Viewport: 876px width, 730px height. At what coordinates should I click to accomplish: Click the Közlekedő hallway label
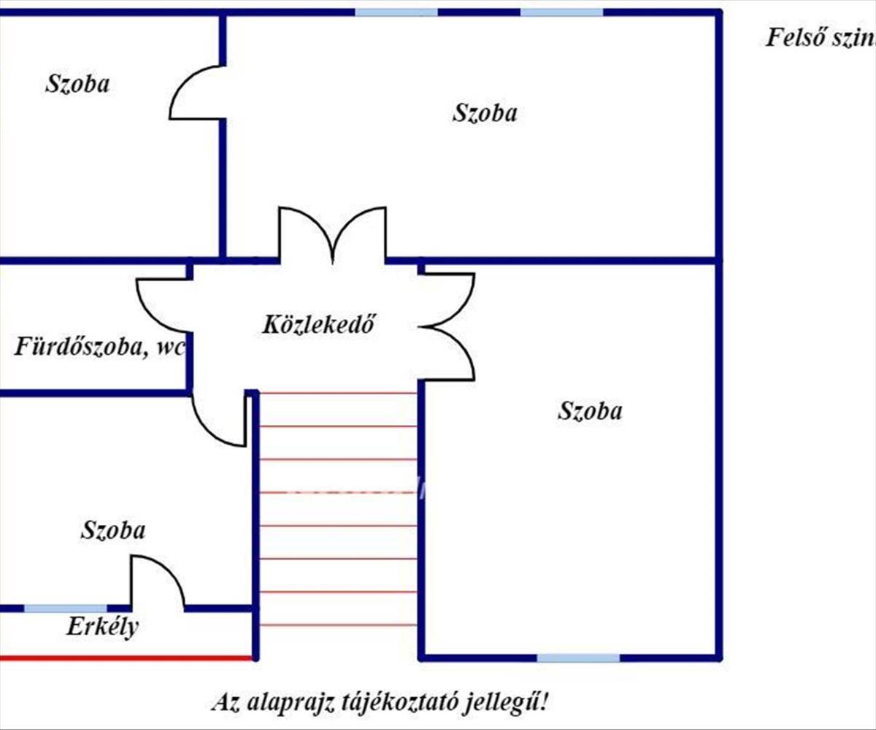click(x=318, y=324)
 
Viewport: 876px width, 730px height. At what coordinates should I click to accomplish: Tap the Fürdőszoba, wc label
click(x=99, y=346)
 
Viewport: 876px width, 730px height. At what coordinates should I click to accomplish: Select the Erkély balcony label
click(x=102, y=626)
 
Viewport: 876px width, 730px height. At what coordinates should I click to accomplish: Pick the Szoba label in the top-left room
click(x=77, y=83)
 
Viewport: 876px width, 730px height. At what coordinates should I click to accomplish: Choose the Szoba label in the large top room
click(x=485, y=113)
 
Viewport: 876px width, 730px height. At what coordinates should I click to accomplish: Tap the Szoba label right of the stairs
click(x=590, y=411)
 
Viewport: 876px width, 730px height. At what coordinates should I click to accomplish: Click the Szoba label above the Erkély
click(x=112, y=530)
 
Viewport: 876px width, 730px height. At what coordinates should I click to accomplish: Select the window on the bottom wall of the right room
click(x=578, y=658)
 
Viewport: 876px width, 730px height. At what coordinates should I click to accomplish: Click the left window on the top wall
click(x=396, y=12)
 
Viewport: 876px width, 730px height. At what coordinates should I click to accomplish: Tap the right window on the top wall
click(x=561, y=12)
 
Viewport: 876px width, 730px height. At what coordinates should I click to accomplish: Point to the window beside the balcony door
click(x=66, y=608)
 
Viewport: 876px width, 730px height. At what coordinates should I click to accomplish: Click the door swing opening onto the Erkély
click(x=156, y=581)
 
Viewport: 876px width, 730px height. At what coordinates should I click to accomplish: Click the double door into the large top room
click(x=333, y=234)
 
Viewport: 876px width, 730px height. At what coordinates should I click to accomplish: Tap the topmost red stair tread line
click(x=337, y=393)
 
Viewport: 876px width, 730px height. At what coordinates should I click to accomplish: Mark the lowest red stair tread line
click(x=337, y=625)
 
